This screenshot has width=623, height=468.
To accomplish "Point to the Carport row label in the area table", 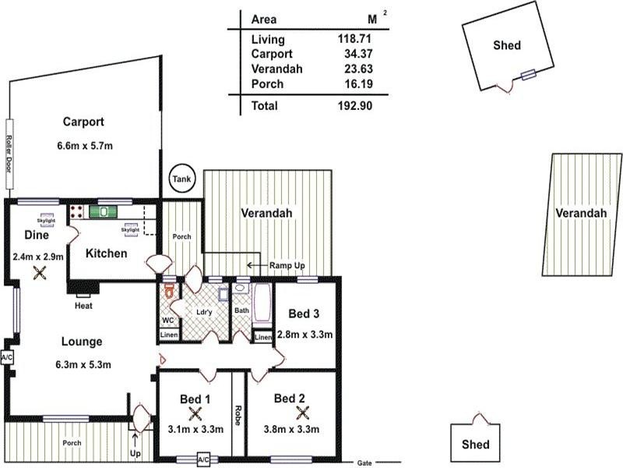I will [x=272, y=54].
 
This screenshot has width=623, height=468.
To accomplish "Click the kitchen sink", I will [x=102, y=211].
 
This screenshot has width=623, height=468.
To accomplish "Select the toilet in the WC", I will [x=167, y=295].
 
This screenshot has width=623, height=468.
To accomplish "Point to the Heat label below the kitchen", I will [x=83, y=307].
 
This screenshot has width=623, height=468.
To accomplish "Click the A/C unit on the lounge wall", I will [x=8, y=357].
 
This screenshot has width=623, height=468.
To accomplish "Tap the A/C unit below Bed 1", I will [x=204, y=460].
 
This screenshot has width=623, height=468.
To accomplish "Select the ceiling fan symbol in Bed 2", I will [x=302, y=414].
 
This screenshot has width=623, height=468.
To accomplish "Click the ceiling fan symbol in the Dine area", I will [x=39, y=273].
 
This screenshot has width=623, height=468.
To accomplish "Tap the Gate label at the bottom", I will [x=364, y=462].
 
